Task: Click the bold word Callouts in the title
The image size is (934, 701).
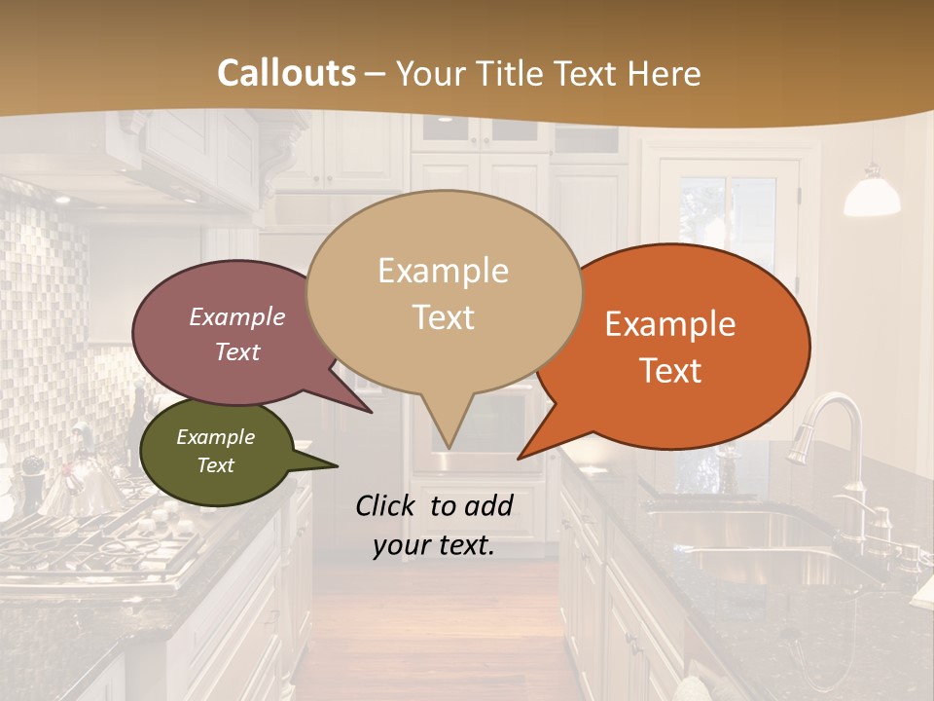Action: point(286,73)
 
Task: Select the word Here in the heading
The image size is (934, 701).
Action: point(666,73)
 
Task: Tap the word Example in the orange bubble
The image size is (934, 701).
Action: point(670,324)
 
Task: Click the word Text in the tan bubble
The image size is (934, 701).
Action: point(444,317)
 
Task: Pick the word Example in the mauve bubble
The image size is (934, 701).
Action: point(236,316)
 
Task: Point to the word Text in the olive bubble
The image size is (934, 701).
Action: point(216,465)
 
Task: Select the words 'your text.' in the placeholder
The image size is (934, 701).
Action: point(434,546)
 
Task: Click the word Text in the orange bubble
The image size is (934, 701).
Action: point(671,371)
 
